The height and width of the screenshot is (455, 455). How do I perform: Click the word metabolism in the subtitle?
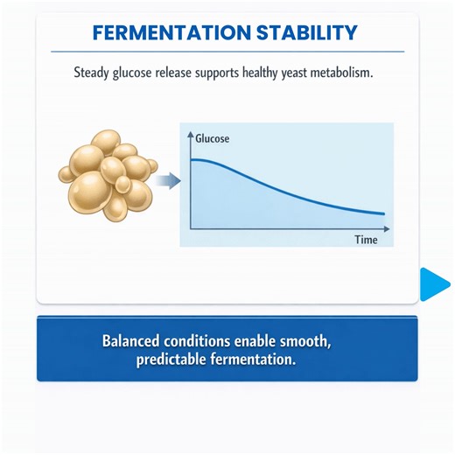point(346,73)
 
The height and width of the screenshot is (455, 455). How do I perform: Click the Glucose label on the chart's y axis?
point(213,137)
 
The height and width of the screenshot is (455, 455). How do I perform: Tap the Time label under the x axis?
point(366,239)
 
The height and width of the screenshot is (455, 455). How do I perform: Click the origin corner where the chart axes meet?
point(191,228)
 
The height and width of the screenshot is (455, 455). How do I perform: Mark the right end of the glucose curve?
point(383,213)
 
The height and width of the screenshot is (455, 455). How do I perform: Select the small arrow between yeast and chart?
point(169,181)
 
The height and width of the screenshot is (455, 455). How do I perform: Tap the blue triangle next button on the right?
point(434,283)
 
